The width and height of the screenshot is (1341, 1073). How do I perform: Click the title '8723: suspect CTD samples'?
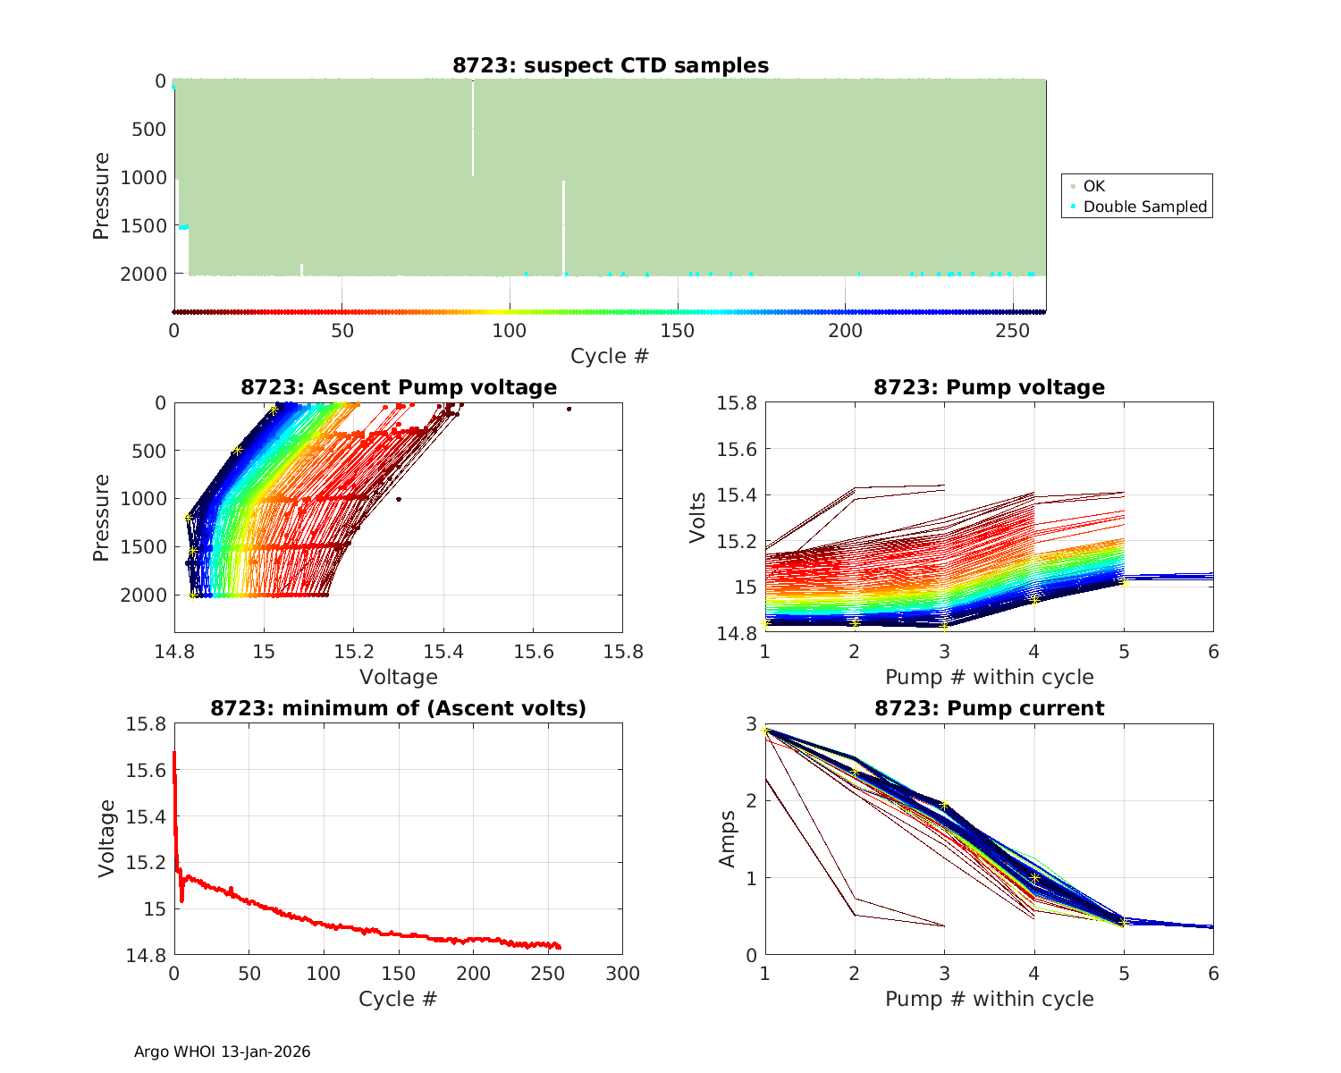click(611, 65)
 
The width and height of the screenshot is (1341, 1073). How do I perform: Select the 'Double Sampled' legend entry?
click(1144, 207)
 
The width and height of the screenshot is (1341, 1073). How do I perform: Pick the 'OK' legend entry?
click(1093, 186)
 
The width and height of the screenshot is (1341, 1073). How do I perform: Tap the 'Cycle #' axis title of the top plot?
click(610, 356)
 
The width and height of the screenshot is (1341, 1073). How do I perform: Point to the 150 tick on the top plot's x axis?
click(677, 330)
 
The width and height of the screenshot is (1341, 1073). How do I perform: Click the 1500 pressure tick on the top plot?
click(143, 226)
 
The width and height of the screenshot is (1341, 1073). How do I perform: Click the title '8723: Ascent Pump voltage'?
click(399, 387)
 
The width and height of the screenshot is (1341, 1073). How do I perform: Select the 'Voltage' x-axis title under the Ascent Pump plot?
click(398, 677)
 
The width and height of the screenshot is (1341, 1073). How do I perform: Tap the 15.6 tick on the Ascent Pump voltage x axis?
click(533, 652)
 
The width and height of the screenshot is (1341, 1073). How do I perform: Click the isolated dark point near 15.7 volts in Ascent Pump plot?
click(569, 409)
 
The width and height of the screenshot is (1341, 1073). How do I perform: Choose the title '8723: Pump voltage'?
click(989, 387)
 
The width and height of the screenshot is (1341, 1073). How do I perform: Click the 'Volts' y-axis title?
click(698, 518)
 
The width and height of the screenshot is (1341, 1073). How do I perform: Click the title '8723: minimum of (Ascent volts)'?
click(399, 709)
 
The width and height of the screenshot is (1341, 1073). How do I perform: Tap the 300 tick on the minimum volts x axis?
click(622, 974)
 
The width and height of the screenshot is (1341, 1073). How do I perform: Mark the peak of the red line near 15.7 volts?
click(173, 753)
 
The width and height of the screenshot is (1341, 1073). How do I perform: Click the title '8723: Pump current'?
click(989, 709)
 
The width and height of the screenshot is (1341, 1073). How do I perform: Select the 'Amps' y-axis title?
click(728, 839)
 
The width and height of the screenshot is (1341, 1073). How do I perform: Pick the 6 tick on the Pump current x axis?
click(1213, 974)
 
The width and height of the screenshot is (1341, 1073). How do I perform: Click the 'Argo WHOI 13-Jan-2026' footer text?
click(222, 1052)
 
